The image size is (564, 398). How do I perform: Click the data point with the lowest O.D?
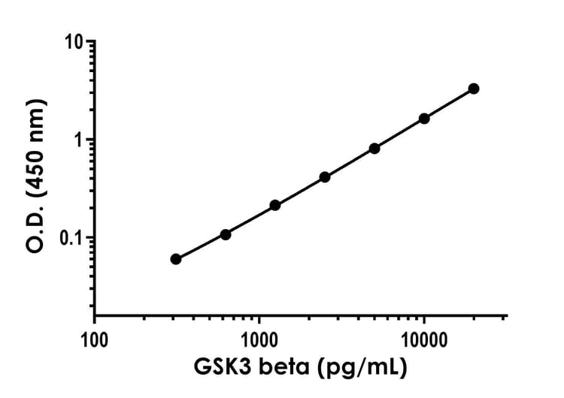[176, 259]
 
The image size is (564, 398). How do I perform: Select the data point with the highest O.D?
[474, 89]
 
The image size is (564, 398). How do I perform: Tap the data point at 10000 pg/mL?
[424, 118]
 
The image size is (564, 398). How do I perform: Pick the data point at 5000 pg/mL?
[374, 148]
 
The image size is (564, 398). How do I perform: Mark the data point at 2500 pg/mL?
[325, 177]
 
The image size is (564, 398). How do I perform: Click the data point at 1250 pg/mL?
[275, 205]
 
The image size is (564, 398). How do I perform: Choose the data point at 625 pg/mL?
[226, 234]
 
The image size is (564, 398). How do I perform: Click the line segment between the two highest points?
[449, 104]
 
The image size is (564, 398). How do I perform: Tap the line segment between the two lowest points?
[201, 247]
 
